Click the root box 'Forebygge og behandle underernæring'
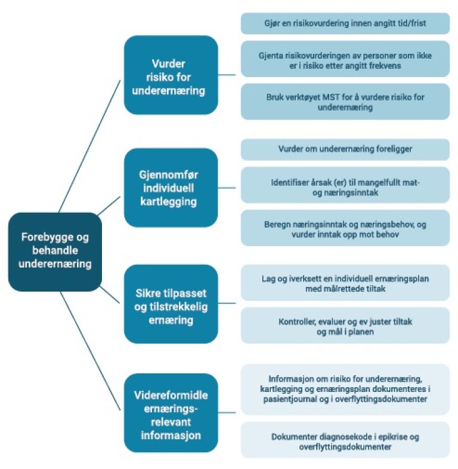[55, 250]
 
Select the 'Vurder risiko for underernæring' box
[171, 75]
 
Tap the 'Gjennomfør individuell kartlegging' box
[171, 187]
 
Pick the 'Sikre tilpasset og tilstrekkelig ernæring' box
[171, 304]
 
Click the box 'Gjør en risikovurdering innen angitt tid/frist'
[345, 24]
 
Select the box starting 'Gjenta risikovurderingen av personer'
[345, 59]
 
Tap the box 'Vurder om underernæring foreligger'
[345, 149]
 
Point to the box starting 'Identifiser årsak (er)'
[345, 185]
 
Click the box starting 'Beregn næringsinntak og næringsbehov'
[345, 228]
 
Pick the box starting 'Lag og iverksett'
[345, 283]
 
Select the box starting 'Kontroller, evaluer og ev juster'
[345, 326]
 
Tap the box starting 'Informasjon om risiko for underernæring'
[345, 389]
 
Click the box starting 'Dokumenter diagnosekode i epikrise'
[345, 441]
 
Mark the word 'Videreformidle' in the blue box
[171, 395]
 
